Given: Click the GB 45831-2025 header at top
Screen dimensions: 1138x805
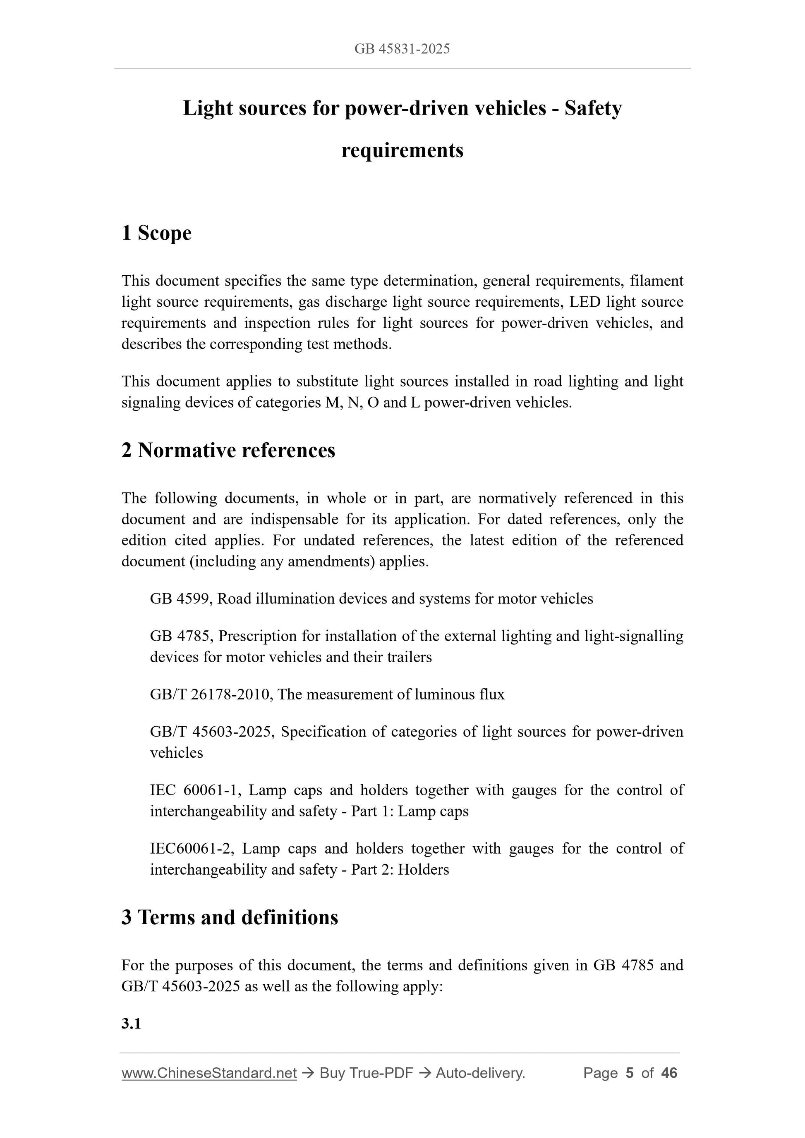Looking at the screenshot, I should [402, 49].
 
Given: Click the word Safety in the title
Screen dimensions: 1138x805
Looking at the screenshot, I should [593, 108].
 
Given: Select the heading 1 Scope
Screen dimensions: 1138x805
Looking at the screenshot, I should [156, 233].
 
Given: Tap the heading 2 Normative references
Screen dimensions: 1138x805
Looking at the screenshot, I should [228, 450].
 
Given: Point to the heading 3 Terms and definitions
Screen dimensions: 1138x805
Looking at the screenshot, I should [230, 917].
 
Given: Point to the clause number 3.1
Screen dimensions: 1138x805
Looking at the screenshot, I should [131, 1023].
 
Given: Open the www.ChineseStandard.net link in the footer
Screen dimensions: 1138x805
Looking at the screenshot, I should [209, 1073].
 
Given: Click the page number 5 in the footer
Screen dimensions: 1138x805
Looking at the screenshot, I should [630, 1073].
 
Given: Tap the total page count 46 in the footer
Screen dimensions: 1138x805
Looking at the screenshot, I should [669, 1073].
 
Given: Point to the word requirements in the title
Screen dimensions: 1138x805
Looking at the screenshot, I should [402, 150].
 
